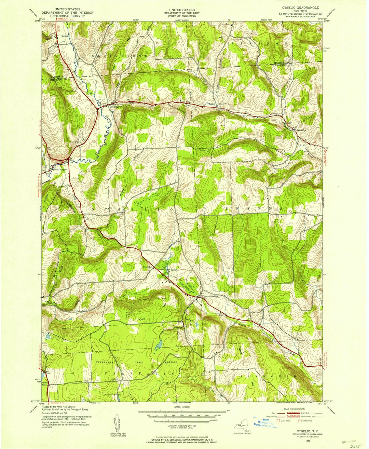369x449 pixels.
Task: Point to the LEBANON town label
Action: click(260, 44)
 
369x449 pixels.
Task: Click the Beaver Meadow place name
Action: click(211, 296)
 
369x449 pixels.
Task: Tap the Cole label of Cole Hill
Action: click(143, 320)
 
